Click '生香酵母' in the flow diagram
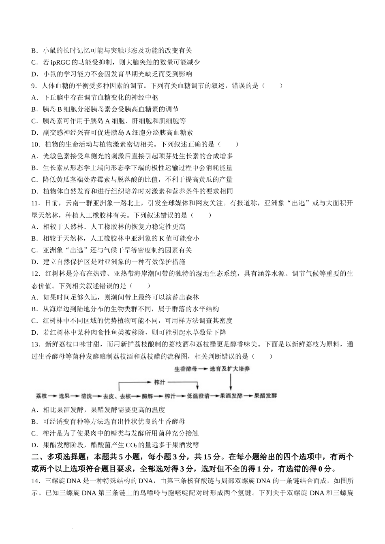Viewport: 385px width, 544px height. click(x=186, y=369)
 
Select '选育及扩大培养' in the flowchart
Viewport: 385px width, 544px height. click(x=230, y=369)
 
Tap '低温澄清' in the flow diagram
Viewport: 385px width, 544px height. click(x=198, y=396)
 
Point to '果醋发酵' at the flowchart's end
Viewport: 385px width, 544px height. click(x=265, y=396)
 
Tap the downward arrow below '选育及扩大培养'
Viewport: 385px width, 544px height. click(x=231, y=382)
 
